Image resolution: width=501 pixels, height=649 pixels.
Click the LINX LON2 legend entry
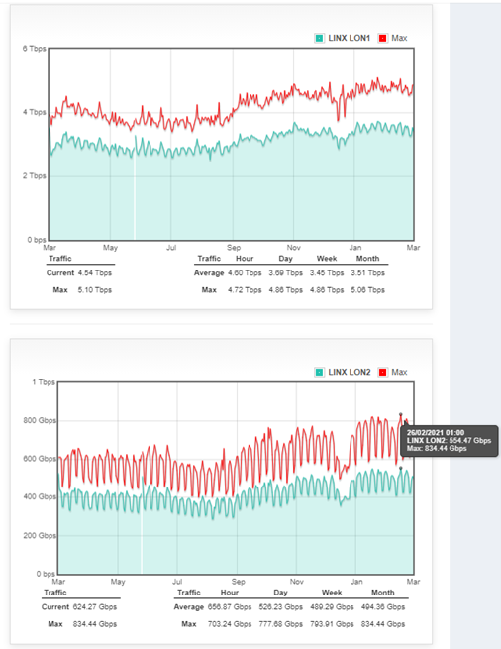(349, 372)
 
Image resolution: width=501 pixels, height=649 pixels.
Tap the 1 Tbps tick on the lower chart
(43, 381)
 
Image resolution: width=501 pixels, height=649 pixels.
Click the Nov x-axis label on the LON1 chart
(294, 247)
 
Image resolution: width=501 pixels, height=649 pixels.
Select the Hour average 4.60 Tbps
(243, 271)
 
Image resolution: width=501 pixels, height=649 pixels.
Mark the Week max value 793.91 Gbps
(331, 624)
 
